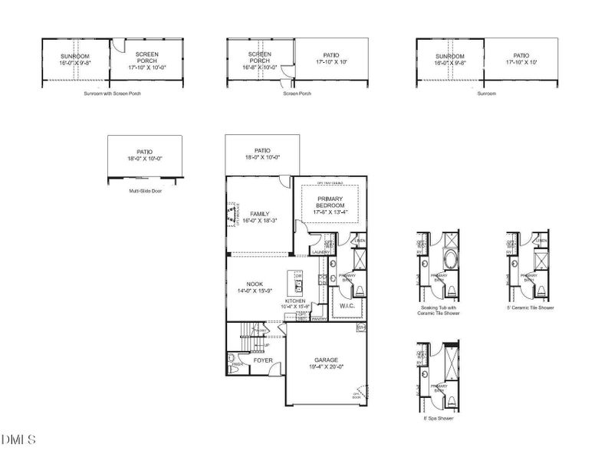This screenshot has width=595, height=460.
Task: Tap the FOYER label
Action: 263,360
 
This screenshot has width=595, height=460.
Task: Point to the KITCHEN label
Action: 296,301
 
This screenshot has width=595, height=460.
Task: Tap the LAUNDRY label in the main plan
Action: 321,252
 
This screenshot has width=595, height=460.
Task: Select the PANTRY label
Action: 319,317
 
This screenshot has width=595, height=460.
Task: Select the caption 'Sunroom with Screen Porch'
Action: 112,94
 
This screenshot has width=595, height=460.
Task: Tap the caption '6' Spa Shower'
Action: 434,419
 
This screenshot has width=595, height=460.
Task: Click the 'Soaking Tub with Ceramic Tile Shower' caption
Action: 440,310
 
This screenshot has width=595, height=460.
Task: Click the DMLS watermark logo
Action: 18,440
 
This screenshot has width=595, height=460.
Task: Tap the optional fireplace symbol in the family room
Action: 229,214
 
